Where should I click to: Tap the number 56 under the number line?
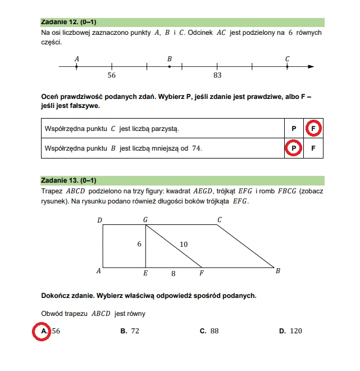pyautogui.click(x=111, y=75)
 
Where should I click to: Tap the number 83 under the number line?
pyautogui.click(x=217, y=75)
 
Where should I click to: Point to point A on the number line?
pyautogui.click(x=76, y=67)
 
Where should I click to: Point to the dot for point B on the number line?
pyautogui.click(x=170, y=67)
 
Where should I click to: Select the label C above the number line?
pyautogui.click(x=287, y=58)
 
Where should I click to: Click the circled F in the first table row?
pyautogui.click(x=313, y=129)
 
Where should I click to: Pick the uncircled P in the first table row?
pyautogui.click(x=293, y=129)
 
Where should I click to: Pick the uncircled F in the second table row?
pyautogui.click(x=313, y=149)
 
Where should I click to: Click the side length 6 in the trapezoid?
pyautogui.click(x=139, y=244)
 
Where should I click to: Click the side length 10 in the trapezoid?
pyautogui.click(x=183, y=244)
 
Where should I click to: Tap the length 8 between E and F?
pyautogui.click(x=173, y=274)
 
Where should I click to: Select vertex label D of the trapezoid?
pyautogui.click(x=99, y=220)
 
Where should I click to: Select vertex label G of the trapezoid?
pyautogui.click(x=145, y=220)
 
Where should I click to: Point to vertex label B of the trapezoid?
pyautogui.click(x=277, y=272)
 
